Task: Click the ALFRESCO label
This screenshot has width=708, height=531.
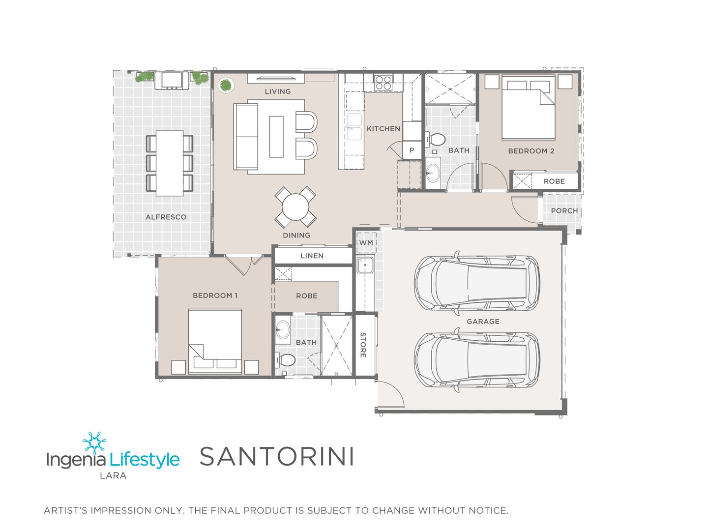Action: point(166,217)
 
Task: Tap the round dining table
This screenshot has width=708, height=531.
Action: point(295,206)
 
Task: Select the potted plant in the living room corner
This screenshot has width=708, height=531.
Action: point(226,85)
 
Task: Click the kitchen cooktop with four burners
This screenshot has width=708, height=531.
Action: point(383,82)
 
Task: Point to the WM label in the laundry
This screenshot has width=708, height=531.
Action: point(366,243)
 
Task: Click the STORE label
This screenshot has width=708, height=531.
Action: point(363,345)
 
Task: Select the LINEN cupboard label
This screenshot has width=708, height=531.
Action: point(312,256)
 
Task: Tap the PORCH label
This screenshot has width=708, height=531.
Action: point(564,210)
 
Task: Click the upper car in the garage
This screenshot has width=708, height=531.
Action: point(476,283)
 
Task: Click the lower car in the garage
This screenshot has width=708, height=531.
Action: point(476,360)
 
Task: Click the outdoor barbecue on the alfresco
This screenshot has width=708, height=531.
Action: point(172,80)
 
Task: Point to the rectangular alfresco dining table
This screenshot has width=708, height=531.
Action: point(170,163)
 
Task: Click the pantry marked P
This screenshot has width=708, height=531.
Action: point(412,150)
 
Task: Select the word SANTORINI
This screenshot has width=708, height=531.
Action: point(277,456)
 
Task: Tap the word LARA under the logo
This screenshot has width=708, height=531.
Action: point(113,475)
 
